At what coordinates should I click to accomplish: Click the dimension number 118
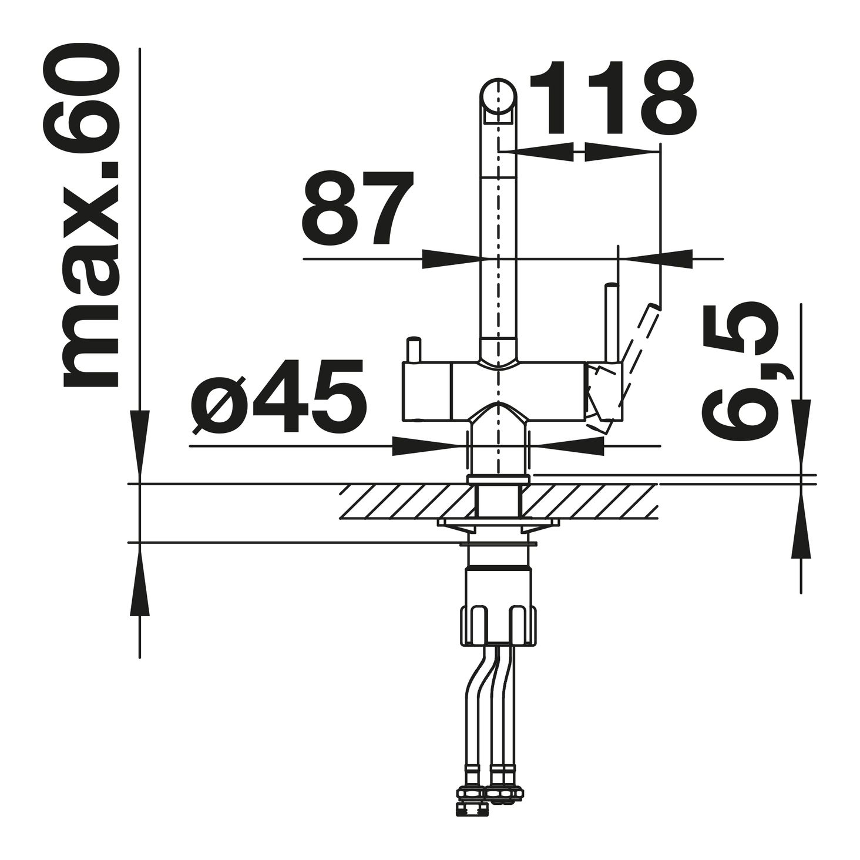[612, 99]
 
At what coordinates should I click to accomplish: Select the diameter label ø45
[278, 397]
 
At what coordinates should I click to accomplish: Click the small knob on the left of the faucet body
[412, 351]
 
